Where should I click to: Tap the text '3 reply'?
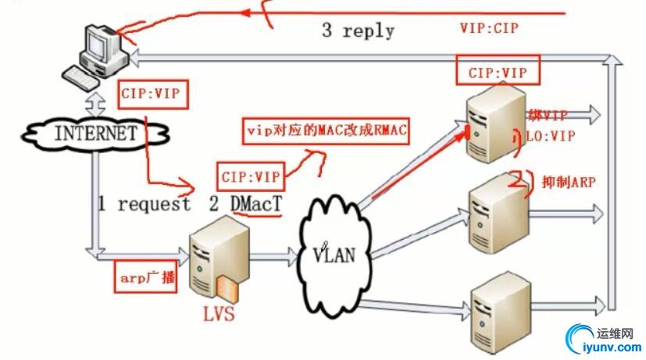(358, 31)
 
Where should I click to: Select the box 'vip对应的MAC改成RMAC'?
(327, 129)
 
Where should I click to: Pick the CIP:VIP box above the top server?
(498, 73)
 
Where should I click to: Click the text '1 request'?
(144, 205)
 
